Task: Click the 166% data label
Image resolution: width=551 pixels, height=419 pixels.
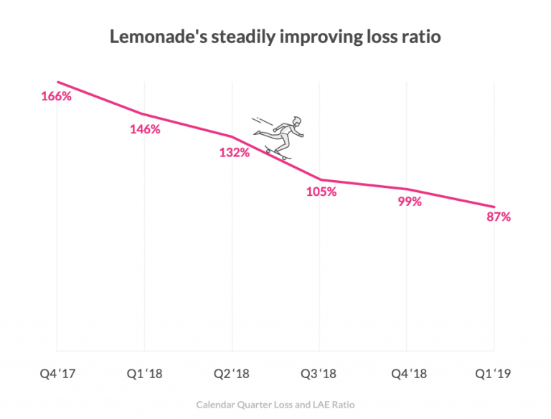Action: coord(56,96)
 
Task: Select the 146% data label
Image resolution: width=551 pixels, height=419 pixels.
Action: coord(145,129)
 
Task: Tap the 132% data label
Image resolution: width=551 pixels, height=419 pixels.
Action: coord(235,152)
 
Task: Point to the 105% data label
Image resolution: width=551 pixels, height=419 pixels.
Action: coord(321,192)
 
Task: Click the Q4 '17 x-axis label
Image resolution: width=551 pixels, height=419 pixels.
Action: coord(57,374)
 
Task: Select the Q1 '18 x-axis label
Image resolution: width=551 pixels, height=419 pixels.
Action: coord(145,374)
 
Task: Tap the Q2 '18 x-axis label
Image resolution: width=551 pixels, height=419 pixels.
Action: coord(232,374)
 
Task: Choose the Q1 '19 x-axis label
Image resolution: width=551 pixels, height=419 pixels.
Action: coord(494,374)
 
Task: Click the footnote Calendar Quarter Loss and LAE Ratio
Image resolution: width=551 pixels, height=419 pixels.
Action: coord(275,405)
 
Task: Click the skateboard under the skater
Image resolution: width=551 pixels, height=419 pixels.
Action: coord(278,153)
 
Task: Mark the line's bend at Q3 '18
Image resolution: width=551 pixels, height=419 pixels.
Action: coord(320,179)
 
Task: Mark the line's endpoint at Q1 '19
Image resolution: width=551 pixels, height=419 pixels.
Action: coord(494,207)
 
